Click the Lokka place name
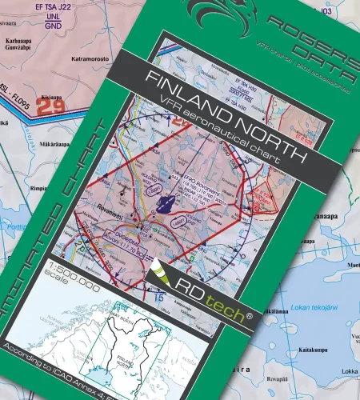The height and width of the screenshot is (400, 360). (350, 371)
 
